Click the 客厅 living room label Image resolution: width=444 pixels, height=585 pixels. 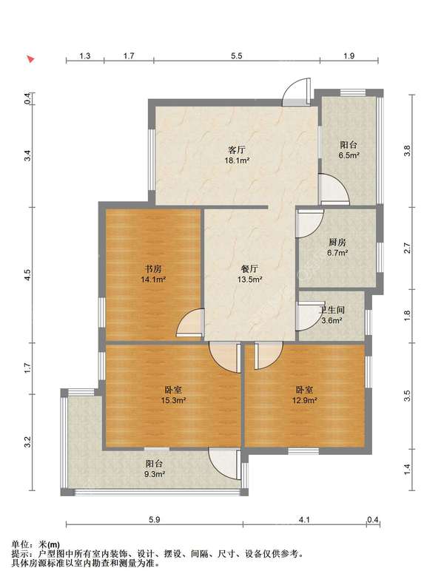(x=237, y=150)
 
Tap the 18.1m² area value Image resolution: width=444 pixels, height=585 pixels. (x=237, y=160)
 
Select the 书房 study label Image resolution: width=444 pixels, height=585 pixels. (x=153, y=268)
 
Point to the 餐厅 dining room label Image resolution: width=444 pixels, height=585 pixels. (x=249, y=268)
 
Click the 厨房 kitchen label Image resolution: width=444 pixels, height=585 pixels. (x=337, y=243)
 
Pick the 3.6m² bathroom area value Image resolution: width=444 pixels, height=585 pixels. (x=332, y=320)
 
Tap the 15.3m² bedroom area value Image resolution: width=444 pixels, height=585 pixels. (x=173, y=400)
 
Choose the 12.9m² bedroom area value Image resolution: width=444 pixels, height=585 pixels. (x=304, y=400)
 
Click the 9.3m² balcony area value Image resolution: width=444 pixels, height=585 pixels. (x=155, y=474)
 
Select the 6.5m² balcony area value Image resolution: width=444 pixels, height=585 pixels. (x=349, y=155)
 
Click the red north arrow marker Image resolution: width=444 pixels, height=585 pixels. (x=30, y=59)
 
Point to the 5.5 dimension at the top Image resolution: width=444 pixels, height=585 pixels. (x=236, y=56)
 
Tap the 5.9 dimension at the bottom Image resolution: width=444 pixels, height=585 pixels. (x=154, y=519)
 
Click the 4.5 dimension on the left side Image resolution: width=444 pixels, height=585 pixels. (x=27, y=275)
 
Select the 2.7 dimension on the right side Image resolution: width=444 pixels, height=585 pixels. (x=407, y=248)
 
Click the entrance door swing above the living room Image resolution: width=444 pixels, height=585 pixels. (x=297, y=92)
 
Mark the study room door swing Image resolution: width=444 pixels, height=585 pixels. (x=190, y=323)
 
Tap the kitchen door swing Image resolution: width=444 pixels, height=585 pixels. (x=309, y=223)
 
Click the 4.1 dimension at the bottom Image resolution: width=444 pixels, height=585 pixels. (x=305, y=519)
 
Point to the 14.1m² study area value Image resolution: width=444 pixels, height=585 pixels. (x=153, y=279)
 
